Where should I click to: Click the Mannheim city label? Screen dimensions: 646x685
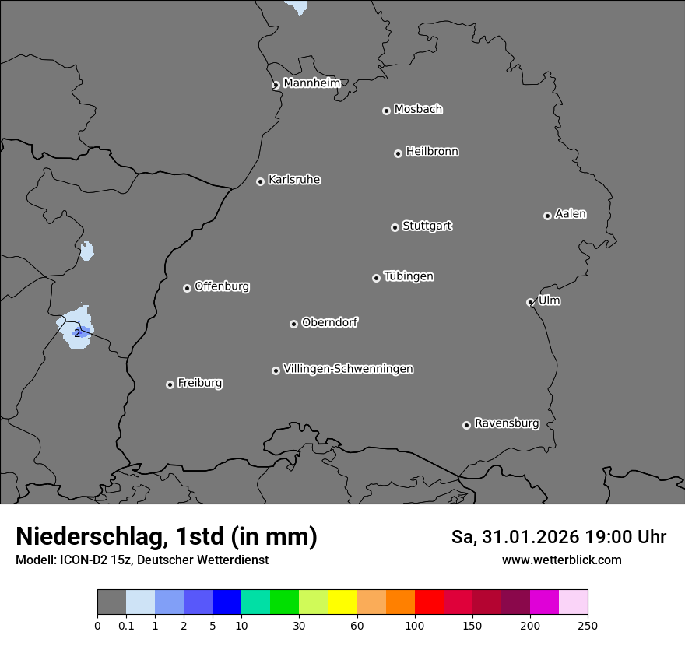coord(311,83)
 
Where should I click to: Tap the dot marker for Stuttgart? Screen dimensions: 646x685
coord(395,227)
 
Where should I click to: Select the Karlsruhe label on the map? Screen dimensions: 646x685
coord(294,180)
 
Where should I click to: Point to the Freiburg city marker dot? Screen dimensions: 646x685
coord(170,384)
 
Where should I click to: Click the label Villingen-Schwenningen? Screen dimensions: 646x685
coord(348,369)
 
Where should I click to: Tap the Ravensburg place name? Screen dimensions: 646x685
coord(507,423)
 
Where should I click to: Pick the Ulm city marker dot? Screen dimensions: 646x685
coord(530,302)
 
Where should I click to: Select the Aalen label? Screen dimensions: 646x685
coord(571,214)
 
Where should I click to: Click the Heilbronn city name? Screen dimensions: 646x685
coord(432,151)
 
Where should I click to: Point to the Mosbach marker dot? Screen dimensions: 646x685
coord(386,111)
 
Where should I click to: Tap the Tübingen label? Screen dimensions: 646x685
coord(409,276)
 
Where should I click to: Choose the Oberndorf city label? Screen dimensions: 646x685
coord(329,322)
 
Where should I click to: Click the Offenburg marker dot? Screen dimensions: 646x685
coord(187,288)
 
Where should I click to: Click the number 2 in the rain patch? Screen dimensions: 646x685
coord(77,333)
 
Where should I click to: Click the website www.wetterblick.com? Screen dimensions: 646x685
coord(561,560)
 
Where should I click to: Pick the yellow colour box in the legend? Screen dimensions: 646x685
coord(342,602)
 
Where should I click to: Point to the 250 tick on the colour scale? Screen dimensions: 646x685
coord(587,625)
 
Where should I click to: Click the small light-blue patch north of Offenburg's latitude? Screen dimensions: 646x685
coord(86,251)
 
